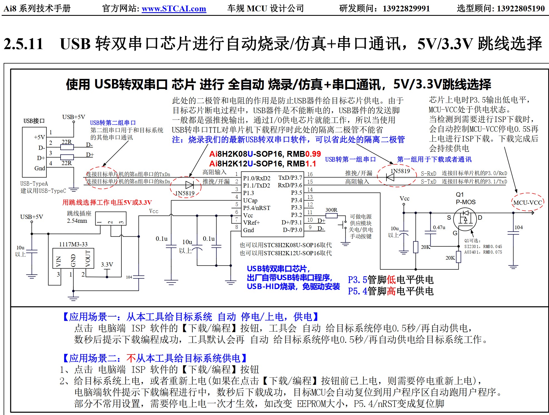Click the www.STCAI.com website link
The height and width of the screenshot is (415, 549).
174,9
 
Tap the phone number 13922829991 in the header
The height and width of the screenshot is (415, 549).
406,9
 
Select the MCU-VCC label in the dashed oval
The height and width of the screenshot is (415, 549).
527,203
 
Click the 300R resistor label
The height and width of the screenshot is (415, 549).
331,210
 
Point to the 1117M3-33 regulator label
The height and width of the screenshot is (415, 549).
73,244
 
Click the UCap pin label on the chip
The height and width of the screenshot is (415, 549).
250,200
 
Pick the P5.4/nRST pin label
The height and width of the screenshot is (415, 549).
256,208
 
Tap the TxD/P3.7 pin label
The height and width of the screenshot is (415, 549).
290,178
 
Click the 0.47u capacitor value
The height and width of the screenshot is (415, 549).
439,227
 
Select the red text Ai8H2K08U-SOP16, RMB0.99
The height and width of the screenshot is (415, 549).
265,154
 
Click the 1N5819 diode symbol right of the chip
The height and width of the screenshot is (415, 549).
390,177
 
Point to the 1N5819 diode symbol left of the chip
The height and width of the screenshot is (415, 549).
189,185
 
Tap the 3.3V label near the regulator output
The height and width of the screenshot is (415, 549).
107,264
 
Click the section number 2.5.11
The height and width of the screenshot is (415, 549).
23,44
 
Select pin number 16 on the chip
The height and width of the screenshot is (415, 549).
310,174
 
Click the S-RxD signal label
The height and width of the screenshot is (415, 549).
428,174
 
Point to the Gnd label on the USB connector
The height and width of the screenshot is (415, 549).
40,168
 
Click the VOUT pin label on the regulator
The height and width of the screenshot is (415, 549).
88,258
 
